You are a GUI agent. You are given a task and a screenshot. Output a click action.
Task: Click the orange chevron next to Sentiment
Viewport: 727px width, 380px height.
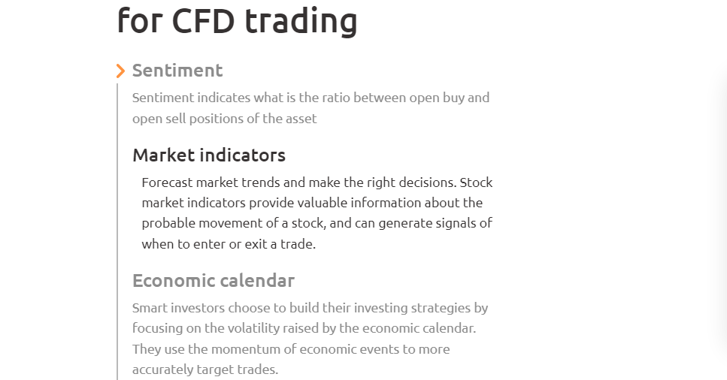pyautogui.click(x=120, y=71)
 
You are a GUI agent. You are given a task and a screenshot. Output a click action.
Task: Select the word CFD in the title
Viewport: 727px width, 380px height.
pyautogui.click(x=203, y=21)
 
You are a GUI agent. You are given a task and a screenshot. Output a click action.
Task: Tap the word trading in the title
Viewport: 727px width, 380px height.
pyautogui.click(x=301, y=22)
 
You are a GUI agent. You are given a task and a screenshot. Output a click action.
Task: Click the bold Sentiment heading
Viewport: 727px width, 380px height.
pyautogui.click(x=177, y=71)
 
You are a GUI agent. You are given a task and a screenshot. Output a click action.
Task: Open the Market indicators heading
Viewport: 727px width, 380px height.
pyautogui.click(x=209, y=155)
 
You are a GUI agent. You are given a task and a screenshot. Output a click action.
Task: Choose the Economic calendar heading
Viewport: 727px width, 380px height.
pyautogui.click(x=214, y=280)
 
